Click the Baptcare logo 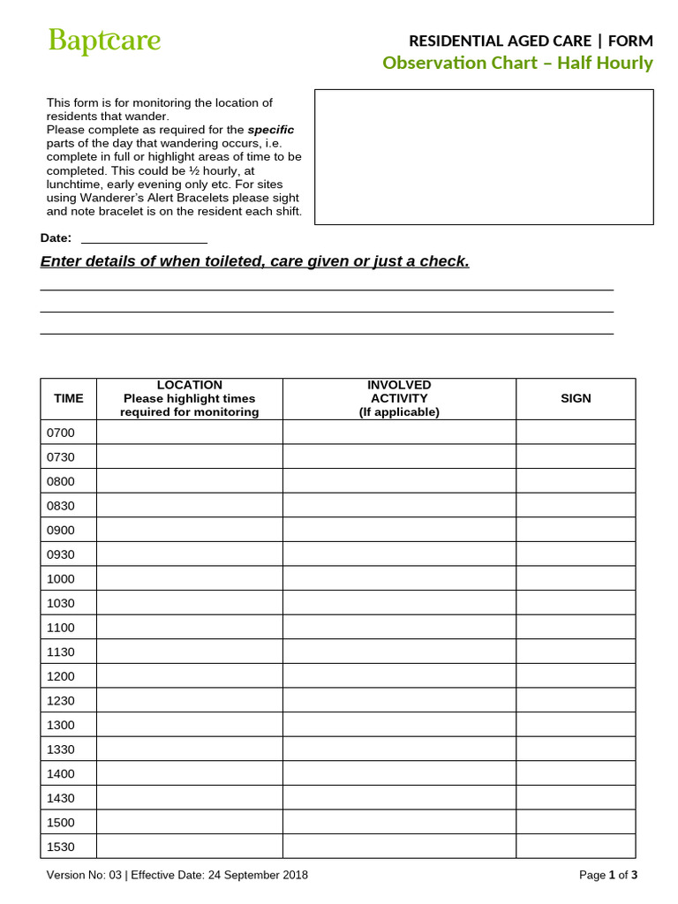tap(104, 41)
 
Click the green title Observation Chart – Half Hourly tap(517, 63)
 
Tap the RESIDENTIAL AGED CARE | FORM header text tap(530, 41)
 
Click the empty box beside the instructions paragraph tap(484, 157)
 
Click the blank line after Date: tap(144, 239)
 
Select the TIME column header tap(69, 399)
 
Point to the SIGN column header tap(576, 399)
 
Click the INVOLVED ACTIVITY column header tap(399, 399)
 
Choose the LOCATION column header tap(190, 399)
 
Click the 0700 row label tap(61, 433)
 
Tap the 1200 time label tap(61, 676)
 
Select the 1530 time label tap(61, 847)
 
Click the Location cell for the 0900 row tap(190, 530)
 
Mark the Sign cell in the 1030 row tap(576, 603)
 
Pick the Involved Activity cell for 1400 tap(399, 773)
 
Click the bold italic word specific tap(271, 130)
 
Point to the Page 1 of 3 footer tap(607, 875)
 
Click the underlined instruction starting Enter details tap(255, 261)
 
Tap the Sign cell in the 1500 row tap(576, 822)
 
